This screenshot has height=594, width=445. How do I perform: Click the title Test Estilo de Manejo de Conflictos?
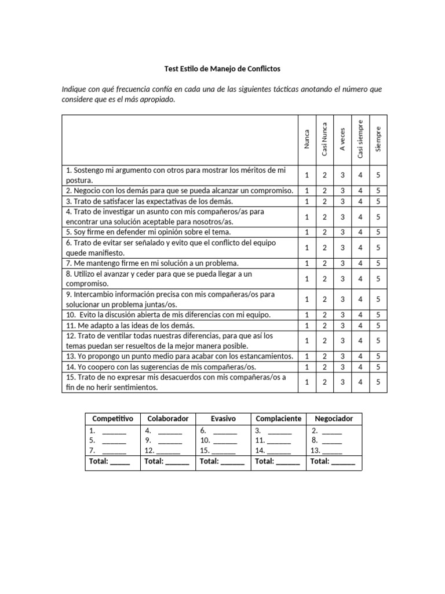(x=222, y=68)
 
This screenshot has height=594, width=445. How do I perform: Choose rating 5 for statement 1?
(x=378, y=175)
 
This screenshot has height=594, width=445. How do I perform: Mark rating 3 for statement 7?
(x=342, y=263)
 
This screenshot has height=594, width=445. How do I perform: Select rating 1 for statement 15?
(x=307, y=382)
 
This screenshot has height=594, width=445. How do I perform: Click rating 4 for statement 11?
(x=360, y=325)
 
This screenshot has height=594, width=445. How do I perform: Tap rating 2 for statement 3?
(x=324, y=201)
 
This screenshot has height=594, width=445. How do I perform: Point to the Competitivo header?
(x=112, y=418)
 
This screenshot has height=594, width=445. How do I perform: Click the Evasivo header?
(x=223, y=418)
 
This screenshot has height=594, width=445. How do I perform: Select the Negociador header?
(x=334, y=418)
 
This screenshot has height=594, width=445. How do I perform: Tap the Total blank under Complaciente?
(x=288, y=462)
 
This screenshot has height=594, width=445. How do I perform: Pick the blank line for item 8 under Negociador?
(x=332, y=441)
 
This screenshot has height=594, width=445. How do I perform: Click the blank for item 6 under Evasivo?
(x=225, y=431)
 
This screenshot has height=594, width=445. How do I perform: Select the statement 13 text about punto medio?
(x=180, y=356)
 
